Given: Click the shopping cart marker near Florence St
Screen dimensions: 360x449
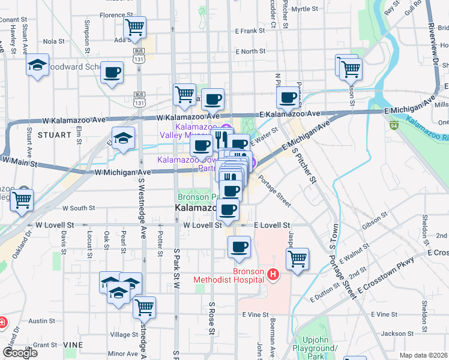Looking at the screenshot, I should coord(135,27).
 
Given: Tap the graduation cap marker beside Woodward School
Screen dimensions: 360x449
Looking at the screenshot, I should coord(38,65).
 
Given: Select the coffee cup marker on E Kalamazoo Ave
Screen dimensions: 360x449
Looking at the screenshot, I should coord(288,97).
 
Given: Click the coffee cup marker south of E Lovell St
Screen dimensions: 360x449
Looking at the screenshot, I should coord(239,247).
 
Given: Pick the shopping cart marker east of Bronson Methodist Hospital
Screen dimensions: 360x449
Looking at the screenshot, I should coord(297,259).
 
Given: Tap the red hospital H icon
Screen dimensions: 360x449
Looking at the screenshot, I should coord(273,275).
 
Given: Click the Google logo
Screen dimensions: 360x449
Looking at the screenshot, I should coord(20,353).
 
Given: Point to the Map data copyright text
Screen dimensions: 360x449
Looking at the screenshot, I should coord(424,355).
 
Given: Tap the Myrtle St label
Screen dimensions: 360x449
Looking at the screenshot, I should coord(304,9).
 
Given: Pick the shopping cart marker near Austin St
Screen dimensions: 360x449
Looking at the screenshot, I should coord(144,307).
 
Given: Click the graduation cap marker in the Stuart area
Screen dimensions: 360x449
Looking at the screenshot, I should coord(123,139).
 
